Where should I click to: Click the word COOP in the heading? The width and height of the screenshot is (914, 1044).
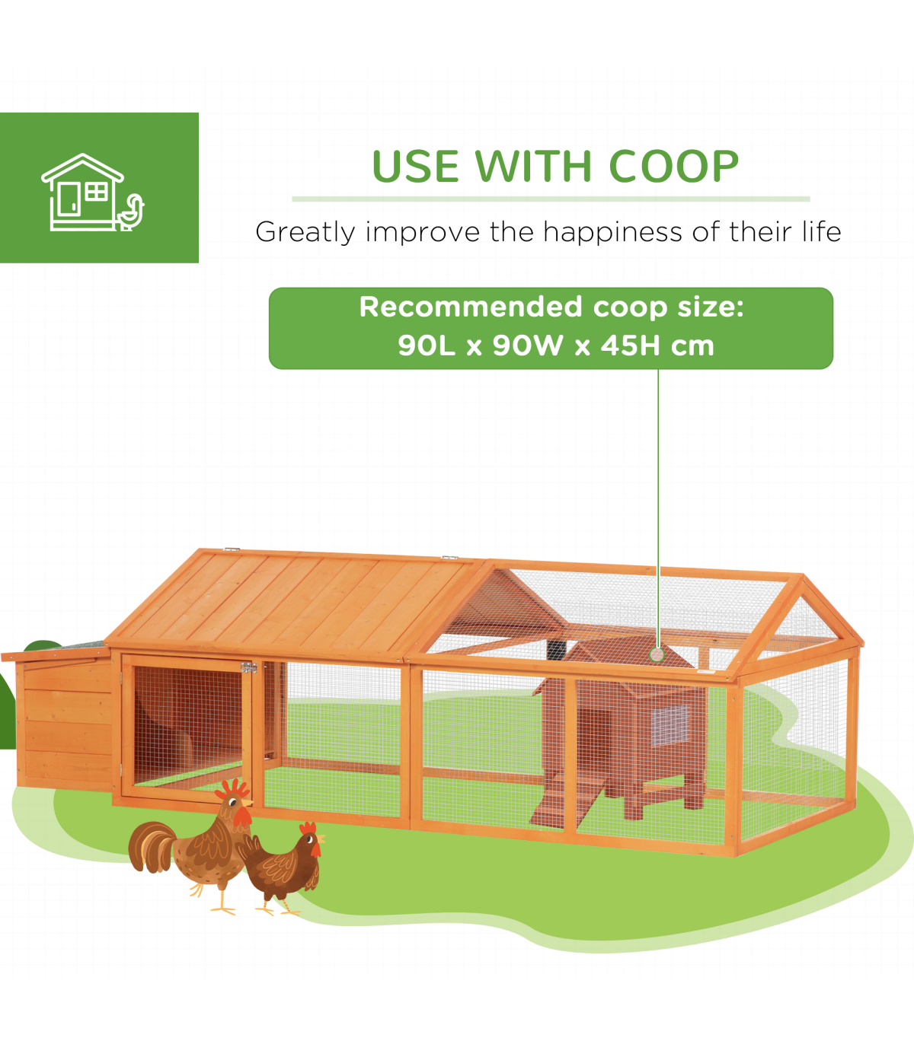[x=674, y=167]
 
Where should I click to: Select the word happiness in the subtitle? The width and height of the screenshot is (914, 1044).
[x=613, y=233]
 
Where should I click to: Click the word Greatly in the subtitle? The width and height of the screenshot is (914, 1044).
[x=305, y=233]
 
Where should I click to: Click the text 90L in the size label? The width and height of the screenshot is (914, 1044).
[x=427, y=345]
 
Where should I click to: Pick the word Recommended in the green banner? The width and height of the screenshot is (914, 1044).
[x=470, y=307]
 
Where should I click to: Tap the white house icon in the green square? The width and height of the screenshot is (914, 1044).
[x=83, y=192]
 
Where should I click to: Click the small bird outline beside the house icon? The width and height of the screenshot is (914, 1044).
[x=131, y=212]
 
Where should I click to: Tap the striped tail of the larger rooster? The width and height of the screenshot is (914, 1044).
[x=151, y=848]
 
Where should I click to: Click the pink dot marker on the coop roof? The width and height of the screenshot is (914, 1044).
[x=657, y=654]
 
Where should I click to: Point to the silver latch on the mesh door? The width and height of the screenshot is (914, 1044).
[x=248, y=667]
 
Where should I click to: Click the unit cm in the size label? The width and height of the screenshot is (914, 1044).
[x=692, y=345]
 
